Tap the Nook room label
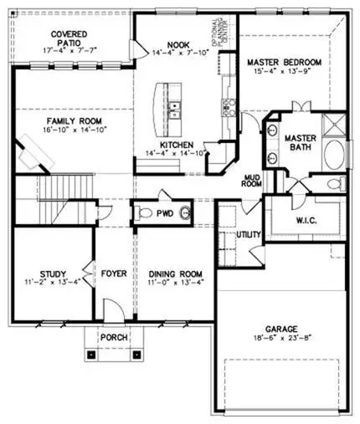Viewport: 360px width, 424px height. pos(177,45)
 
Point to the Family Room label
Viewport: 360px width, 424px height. pos(55,121)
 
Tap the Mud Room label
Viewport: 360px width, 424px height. pos(252,179)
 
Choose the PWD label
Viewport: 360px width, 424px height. pos(165,213)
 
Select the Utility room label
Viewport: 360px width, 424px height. pos(249,236)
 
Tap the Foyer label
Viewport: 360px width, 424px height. pos(113,273)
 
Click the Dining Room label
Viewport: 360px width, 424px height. pos(176,273)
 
